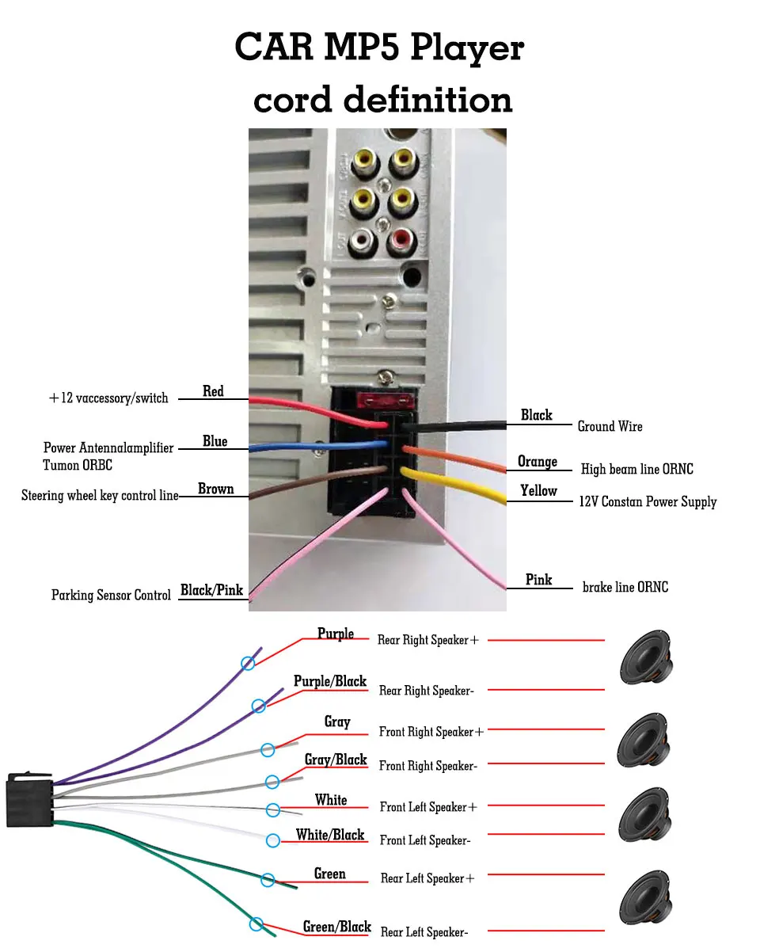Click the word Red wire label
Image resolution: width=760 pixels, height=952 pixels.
tap(213, 391)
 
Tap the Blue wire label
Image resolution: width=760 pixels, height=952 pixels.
tap(215, 441)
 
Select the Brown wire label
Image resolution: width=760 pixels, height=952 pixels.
tap(215, 489)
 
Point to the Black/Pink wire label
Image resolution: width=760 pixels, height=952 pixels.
tap(211, 590)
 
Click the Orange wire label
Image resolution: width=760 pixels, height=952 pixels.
tap(538, 462)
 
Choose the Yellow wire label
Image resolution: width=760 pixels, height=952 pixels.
tap(538, 491)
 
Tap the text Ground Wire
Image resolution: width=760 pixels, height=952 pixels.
tap(610, 427)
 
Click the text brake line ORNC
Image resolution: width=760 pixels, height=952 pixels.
tap(625, 588)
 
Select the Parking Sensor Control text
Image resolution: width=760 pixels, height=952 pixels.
tap(111, 596)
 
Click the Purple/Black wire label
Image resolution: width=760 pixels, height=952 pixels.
tap(330, 682)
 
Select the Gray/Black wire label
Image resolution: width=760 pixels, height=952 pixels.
tap(336, 760)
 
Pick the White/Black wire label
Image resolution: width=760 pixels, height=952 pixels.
tap(330, 835)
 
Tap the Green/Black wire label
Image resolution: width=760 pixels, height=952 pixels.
tap(337, 927)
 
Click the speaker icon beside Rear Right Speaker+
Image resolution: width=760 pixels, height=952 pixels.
tap(646, 657)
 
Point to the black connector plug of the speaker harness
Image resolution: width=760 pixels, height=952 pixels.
tap(29, 800)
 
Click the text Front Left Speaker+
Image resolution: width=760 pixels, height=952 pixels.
tap(428, 807)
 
